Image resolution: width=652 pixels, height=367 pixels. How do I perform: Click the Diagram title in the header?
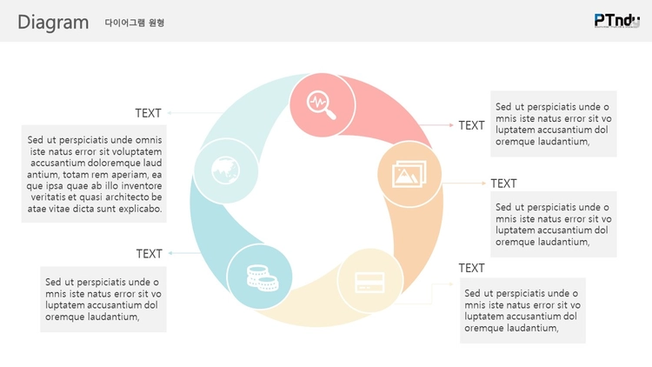pos(53,23)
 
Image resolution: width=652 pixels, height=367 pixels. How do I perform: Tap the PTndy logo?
pos(617,21)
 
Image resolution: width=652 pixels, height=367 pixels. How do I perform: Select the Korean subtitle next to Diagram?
pos(134,23)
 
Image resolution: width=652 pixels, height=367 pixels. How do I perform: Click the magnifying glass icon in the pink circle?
pos(321,105)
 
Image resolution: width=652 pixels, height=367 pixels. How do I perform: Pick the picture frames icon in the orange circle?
pos(409,174)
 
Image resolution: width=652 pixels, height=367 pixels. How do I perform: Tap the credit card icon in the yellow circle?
pos(369,283)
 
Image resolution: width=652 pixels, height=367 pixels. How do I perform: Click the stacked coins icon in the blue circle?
pos(263,277)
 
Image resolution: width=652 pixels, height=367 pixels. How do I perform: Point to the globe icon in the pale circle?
pos(225,170)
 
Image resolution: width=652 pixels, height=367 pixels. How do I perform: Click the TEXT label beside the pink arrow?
pos(471,125)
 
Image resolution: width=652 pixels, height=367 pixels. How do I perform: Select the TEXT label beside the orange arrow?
pos(503,183)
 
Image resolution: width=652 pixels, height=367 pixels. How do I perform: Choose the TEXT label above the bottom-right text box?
pos(471,268)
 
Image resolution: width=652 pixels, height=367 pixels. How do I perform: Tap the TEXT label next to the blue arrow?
pos(149,254)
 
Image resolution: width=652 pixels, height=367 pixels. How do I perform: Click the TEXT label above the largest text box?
pos(148,113)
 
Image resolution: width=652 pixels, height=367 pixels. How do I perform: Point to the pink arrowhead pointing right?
pos(451,125)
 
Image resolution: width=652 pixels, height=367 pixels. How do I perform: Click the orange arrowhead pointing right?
pos(483,183)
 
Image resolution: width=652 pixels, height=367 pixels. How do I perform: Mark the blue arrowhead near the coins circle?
pos(170,253)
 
